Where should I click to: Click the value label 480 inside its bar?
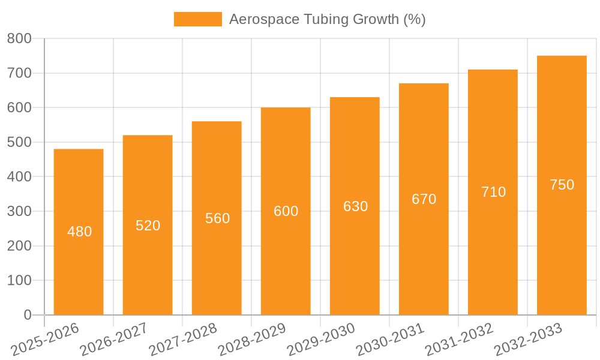pos(80,232)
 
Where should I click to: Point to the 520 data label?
pos(148,226)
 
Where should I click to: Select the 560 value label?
pos(217,218)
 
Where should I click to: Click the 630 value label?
pos(355,206)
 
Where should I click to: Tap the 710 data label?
pos(493,192)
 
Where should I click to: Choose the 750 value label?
pos(562,185)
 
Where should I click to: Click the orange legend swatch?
pos(197,19)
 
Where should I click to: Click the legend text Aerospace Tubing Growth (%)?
pos(327,19)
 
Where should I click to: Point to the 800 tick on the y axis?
pos(19,39)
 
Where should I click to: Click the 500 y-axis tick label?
pos(19,142)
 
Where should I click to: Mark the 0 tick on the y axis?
pos(28,315)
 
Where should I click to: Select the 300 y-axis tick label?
pos(19,211)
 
